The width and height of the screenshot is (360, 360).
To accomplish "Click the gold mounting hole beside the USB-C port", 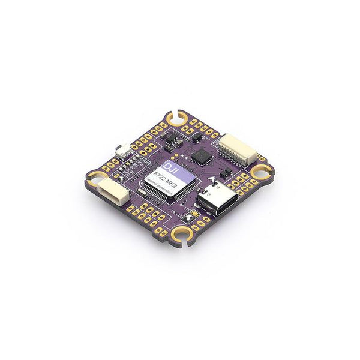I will coord(262,172).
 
